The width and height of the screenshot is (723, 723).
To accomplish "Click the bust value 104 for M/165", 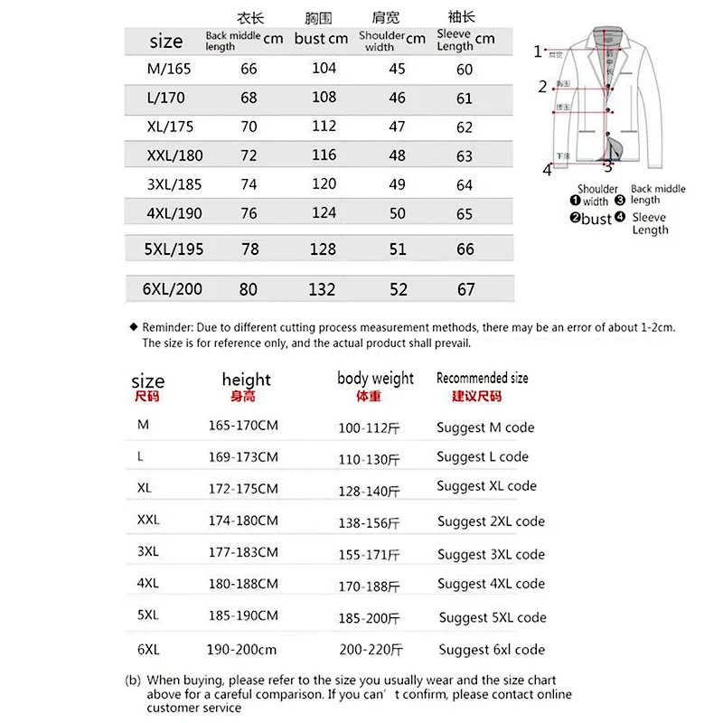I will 324,69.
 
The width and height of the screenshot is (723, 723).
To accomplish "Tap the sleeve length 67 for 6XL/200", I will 465,289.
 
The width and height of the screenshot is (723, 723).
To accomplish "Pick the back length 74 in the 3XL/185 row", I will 249,184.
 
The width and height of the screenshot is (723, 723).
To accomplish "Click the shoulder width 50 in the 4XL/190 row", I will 397,213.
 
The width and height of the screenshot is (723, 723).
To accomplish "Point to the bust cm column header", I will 321,39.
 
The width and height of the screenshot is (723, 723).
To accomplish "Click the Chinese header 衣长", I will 249,19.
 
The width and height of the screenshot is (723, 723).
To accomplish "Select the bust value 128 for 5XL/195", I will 323,249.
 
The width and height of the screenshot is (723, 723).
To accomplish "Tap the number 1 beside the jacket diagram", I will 538,52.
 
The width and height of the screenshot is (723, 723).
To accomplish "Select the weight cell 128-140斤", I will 369,491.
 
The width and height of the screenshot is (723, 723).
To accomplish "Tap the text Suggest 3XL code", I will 491,555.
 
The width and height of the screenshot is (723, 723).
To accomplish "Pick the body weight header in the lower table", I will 375,379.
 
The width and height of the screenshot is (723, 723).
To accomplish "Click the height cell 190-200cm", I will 241,650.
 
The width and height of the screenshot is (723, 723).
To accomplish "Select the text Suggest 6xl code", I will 492,650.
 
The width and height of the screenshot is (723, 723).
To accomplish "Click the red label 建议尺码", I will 476,397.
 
